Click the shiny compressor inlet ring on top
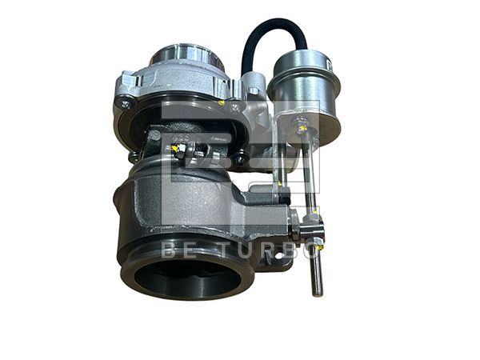pos(186,57)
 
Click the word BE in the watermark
pos(178,250)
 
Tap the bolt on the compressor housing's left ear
pos(126,102)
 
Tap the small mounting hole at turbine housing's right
pos(279,258)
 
